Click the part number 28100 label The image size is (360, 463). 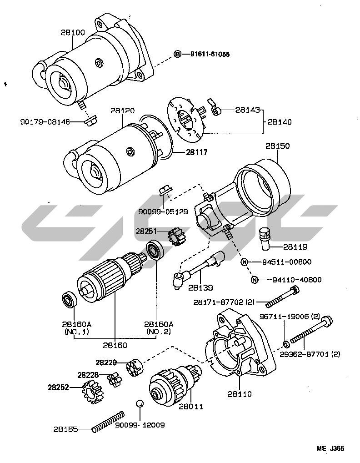72,33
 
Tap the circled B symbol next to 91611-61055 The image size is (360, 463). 178,54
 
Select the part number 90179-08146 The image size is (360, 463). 45,122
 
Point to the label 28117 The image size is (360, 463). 196,153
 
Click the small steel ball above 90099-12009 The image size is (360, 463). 140,404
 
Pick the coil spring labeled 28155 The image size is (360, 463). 108,421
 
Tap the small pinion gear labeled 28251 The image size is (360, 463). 175,236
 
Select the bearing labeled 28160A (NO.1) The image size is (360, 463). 70,300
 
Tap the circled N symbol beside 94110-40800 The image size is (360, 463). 255,280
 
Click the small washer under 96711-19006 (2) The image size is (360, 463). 284,342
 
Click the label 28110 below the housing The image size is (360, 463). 239,394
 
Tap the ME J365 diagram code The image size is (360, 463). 330,448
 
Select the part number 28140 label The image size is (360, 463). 280,122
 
